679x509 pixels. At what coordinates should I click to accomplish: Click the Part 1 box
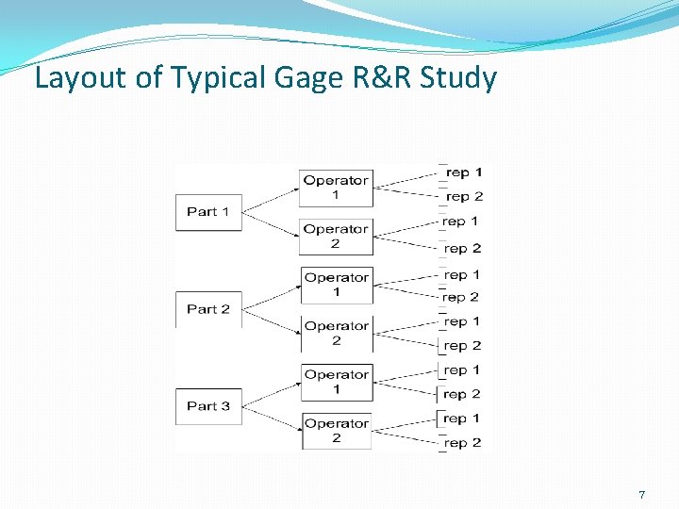pos(208,211)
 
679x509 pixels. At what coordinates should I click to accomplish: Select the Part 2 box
pos(208,309)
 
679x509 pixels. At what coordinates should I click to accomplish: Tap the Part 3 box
pos(208,406)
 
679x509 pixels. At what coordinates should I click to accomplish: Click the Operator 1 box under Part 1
pos(336,188)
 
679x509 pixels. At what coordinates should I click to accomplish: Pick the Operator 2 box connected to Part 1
pos(336,237)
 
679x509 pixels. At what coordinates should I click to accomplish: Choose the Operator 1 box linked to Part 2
pos(336,285)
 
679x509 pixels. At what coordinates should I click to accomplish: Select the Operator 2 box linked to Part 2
pos(336,334)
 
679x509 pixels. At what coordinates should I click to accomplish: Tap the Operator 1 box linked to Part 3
pos(336,382)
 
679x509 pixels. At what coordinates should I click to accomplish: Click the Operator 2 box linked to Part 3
pos(336,431)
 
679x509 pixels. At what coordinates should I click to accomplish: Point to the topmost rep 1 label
pos(463,172)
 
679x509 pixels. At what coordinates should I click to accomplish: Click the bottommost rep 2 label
pos(463,442)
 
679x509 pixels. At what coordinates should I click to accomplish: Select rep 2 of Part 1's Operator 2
pos(463,248)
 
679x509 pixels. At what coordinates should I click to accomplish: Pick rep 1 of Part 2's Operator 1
pos(463,275)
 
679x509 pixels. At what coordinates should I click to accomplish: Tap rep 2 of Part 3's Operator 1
pos(463,394)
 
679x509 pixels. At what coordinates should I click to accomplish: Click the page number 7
pos(641,495)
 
